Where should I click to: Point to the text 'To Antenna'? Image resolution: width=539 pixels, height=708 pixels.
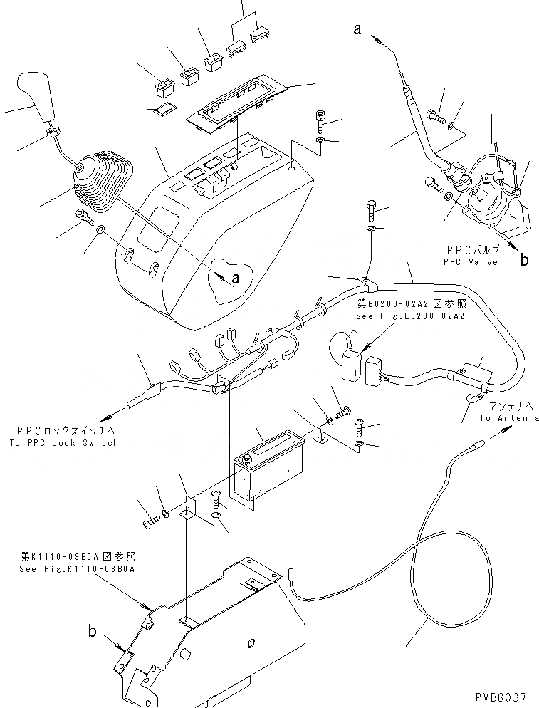point(509,418)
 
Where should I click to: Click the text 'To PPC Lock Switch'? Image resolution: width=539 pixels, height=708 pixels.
point(64,442)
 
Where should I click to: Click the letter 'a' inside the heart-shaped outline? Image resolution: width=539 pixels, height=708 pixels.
point(236,278)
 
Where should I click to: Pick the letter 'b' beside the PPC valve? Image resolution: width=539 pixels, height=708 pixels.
point(524,261)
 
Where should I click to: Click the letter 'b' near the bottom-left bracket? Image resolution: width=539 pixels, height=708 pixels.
point(92,630)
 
